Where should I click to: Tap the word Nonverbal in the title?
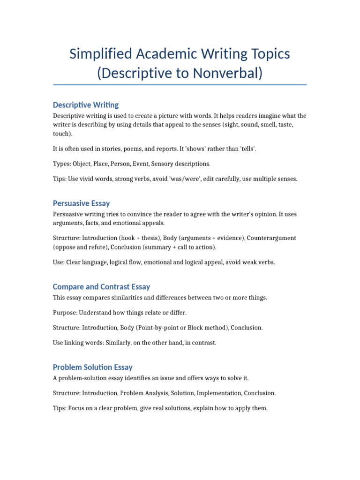point(228,73)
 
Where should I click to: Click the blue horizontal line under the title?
point(180,85)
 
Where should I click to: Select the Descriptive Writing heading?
point(86,105)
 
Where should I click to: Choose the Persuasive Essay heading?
point(82,203)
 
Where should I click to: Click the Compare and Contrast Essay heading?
point(102,287)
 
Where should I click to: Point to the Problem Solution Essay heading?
point(93,367)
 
